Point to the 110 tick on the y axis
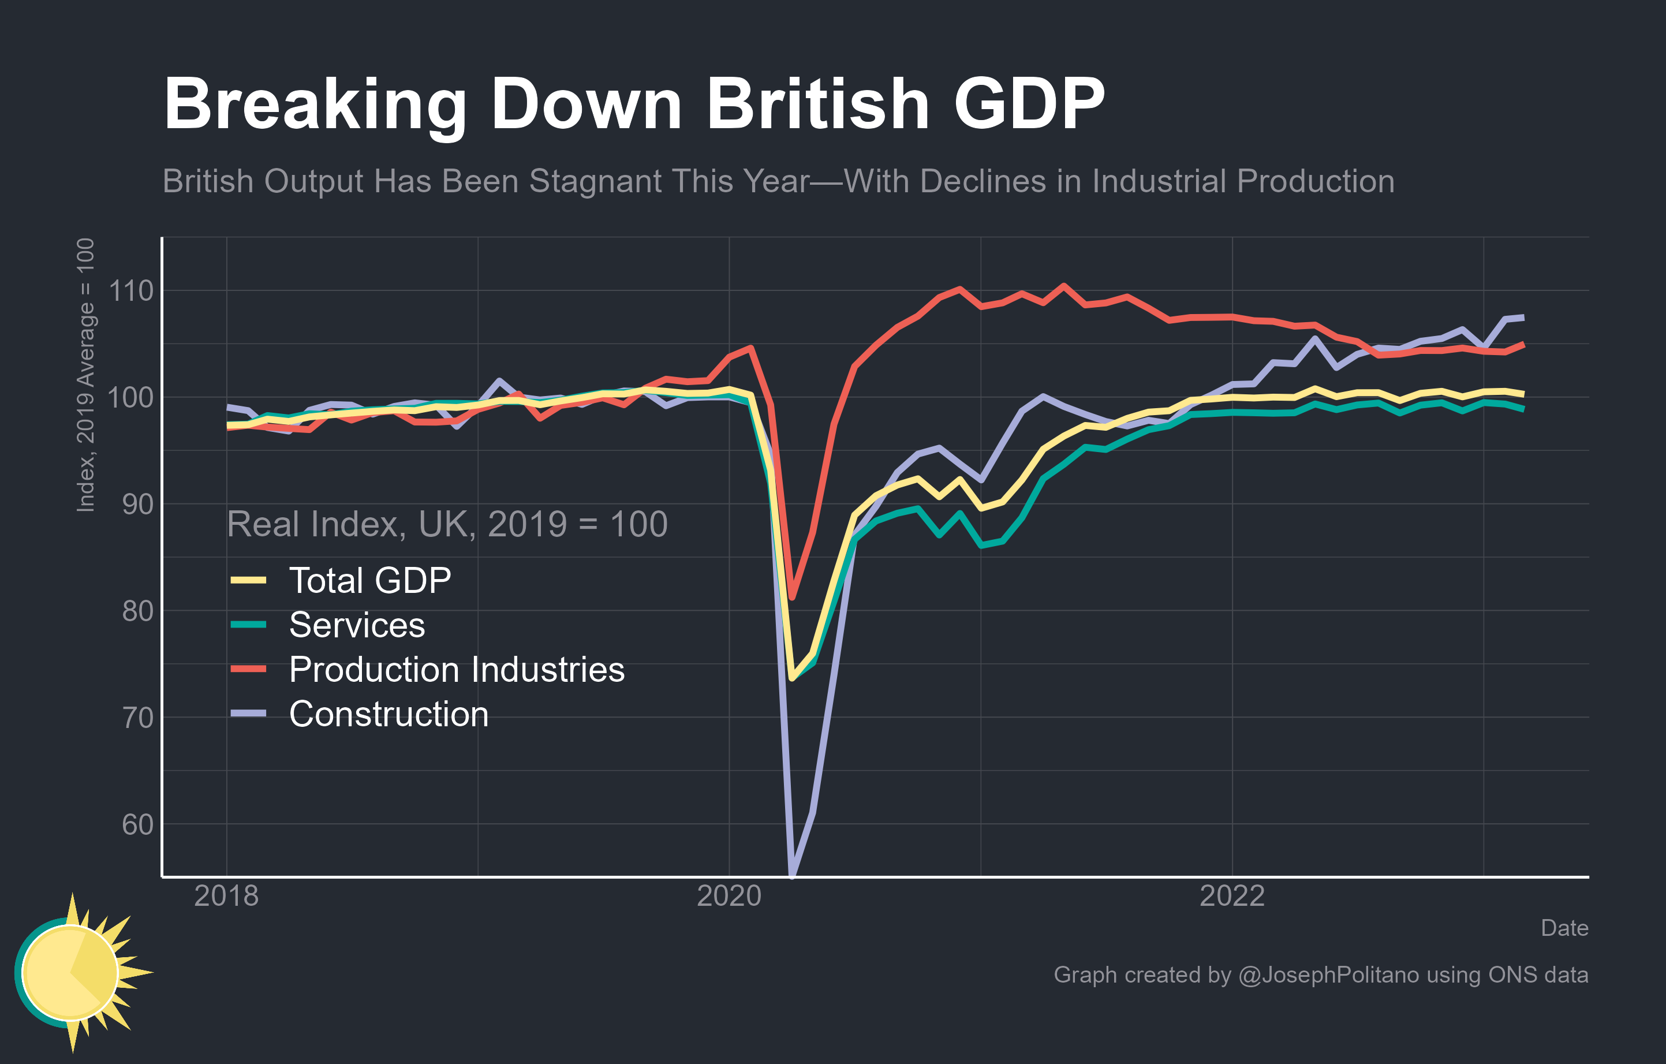coord(131,290)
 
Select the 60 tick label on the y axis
coord(137,824)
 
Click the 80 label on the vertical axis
coord(137,611)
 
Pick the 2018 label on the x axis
coord(226,896)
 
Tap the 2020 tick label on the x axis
coord(729,896)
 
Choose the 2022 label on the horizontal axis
coord(1231,896)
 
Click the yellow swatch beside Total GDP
coord(248,580)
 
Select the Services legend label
coord(356,625)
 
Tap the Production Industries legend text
coord(457,670)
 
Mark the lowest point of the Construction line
coord(792,876)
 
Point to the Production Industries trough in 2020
coord(792,598)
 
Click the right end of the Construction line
coord(1523,318)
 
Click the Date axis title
coord(1564,928)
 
